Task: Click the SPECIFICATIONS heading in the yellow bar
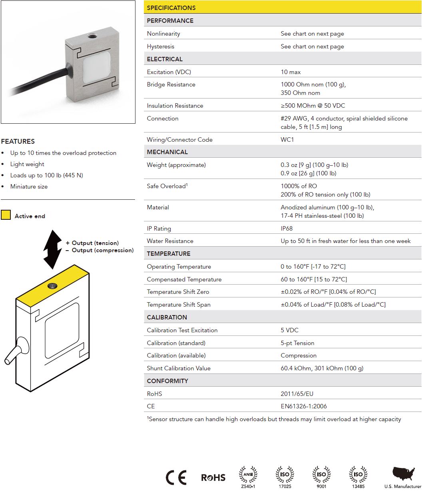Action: click(x=171, y=8)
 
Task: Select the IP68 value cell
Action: click(x=287, y=228)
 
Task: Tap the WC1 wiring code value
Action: click(x=287, y=139)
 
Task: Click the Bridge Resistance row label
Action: click(x=171, y=84)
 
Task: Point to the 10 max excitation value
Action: click(x=291, y=72)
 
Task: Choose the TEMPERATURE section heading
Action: click(x=168, y=253)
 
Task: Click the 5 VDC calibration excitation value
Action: click(x=289, y=330)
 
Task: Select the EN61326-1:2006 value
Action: click(x=304, y=406)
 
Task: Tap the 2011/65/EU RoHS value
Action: click(x=297, y=394)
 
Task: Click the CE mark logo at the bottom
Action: click(x=176, y=478)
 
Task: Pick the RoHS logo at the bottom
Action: click(x=213, y=478)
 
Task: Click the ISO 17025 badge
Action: click(x=285, y=476)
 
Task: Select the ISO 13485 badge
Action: click(x=358, y=476)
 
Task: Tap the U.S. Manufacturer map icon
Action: click(x=403, y=474)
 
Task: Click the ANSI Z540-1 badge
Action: click(x=248, y=476)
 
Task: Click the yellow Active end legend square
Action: click(x=6, y=215)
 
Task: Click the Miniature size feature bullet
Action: click(x=29, y=187)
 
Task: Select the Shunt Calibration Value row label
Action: click(x=178, y=368)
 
